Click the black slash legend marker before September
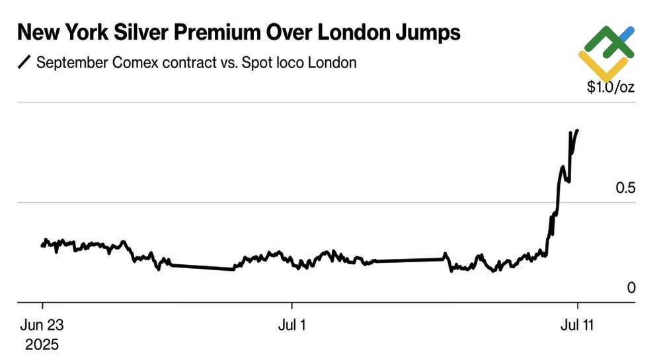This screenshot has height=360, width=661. click(x=24, y=63)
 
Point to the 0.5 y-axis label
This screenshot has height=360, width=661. click(x=625, y=188)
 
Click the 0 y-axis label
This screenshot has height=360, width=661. click(x=631, y=288)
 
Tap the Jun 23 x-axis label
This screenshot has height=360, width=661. click(x=42, y=325)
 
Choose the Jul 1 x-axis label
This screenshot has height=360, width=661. click(x=292, y=325)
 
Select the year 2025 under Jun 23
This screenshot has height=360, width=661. click(x=42, y=344)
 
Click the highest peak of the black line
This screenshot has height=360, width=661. click(x=577, y=130)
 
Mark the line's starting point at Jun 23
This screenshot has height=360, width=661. click(x=42, y=246)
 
